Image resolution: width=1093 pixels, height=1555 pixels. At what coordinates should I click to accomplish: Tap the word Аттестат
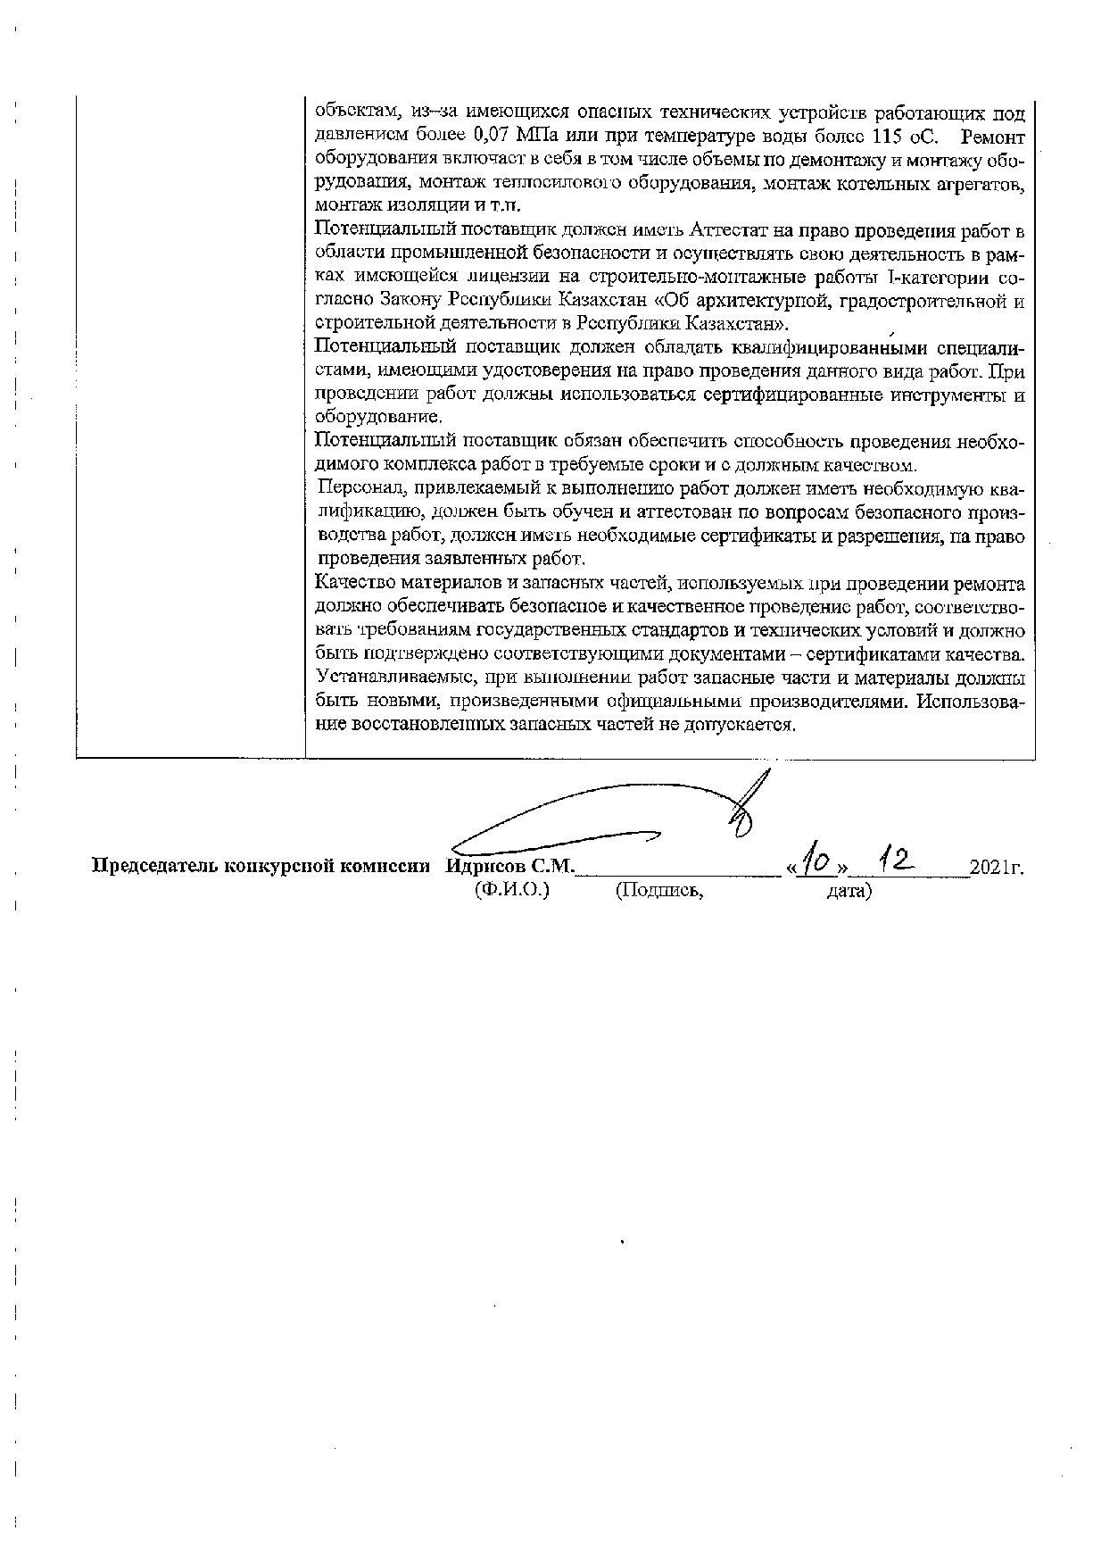point(739,230)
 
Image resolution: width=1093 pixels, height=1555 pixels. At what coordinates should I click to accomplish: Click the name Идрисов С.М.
point(511,866)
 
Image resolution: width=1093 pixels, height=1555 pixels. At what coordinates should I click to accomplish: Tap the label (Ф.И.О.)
point(512,890)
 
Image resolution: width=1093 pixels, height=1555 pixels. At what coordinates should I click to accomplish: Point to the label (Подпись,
point(659,890)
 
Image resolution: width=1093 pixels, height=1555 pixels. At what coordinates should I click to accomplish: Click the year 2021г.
point(997,866)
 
